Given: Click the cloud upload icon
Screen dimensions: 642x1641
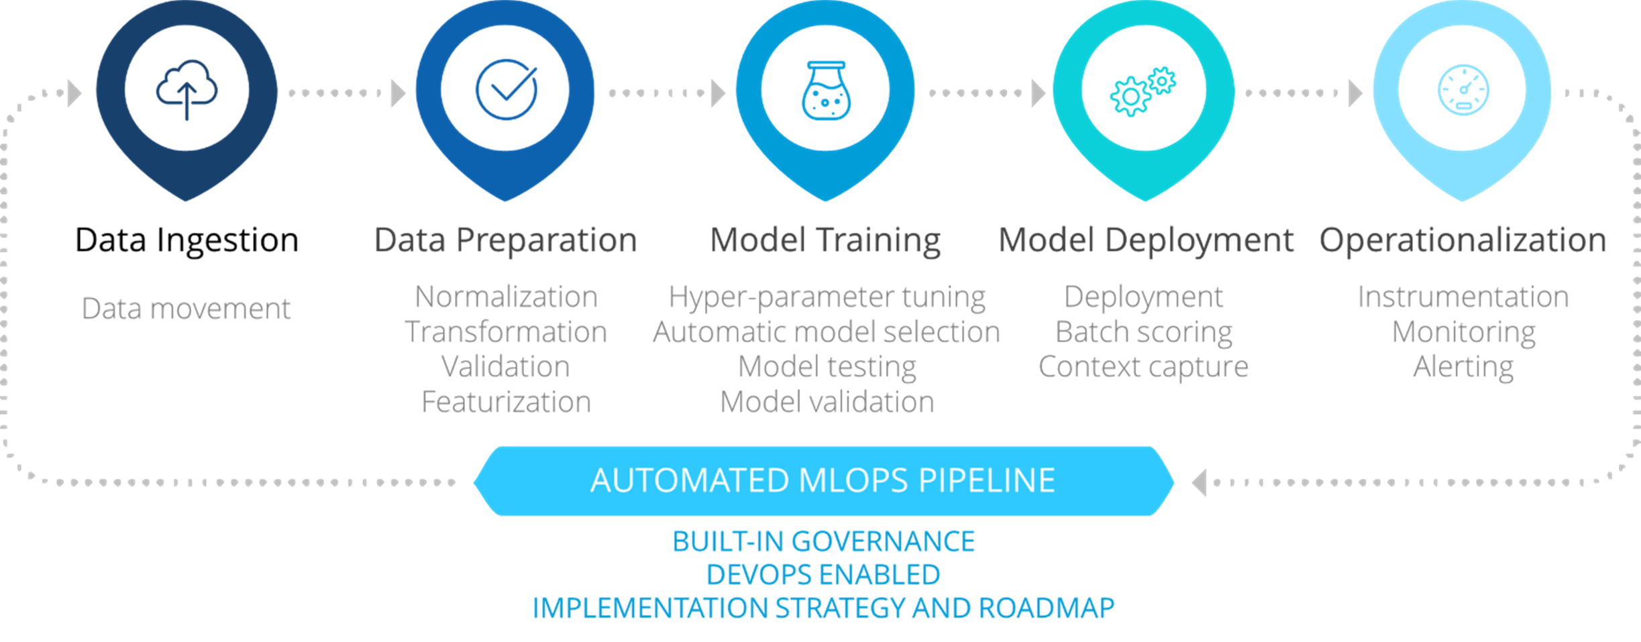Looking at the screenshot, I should click(187, 90).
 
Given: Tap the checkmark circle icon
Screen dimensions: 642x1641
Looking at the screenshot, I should click(507, 90).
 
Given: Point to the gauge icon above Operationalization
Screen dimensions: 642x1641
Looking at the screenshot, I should click(1463, 91).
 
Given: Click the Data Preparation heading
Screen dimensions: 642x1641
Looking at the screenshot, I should click(505, 240).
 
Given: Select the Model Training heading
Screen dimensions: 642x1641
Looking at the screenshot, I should click(826, 240).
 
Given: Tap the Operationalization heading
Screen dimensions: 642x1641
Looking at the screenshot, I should click(1463, 240).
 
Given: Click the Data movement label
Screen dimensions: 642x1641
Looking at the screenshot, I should click(186, 309).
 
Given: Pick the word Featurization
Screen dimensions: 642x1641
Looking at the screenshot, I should click(506, 402).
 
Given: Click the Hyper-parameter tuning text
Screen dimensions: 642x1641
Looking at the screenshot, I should click(827, 297).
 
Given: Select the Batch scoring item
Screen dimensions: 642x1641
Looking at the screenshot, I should click(1144, 332).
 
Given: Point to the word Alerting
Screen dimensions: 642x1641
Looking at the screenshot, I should click(1463, 367).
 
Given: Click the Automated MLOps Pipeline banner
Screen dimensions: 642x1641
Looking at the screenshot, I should click(823, 481).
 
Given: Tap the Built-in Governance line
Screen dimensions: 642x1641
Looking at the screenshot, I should click(823, 541).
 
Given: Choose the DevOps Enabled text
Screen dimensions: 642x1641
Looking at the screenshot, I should click(823, 575).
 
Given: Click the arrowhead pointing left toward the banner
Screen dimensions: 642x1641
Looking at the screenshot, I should click(1200, 482).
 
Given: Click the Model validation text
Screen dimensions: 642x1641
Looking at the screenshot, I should click(827, 402).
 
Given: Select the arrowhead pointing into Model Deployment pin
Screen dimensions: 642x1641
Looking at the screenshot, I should click(1038, 93).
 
